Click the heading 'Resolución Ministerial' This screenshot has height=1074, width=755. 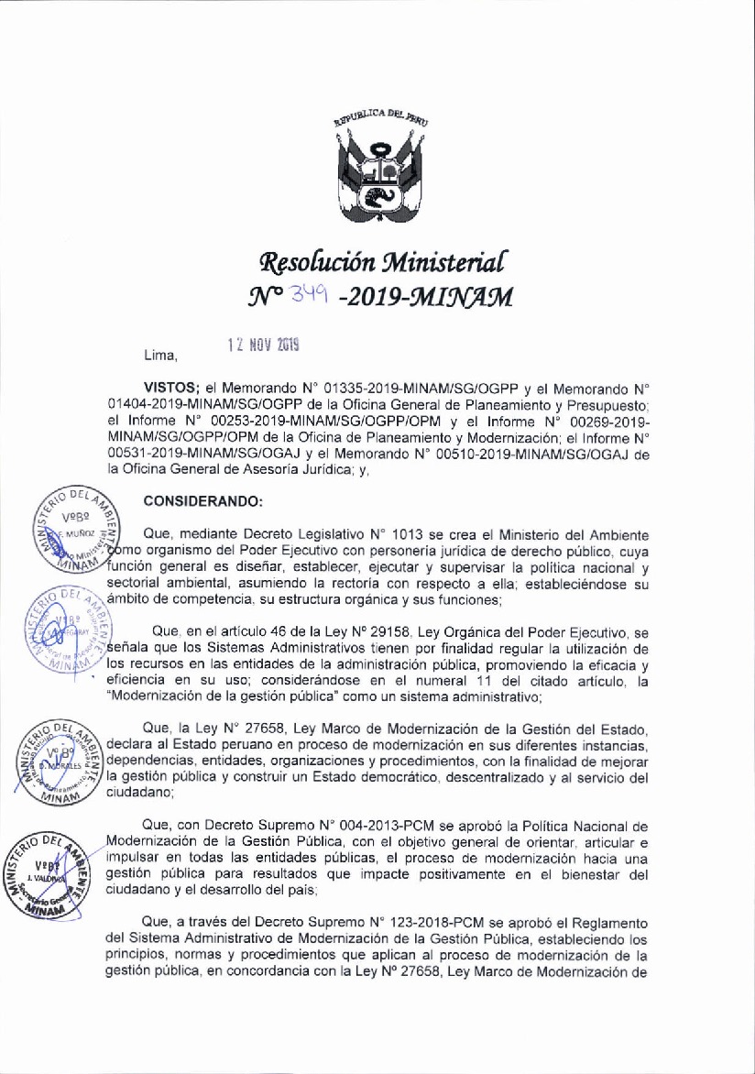[x=377, y=264]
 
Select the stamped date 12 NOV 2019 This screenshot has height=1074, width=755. [x=264, y=346]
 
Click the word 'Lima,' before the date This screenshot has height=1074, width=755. [x=160, y=354]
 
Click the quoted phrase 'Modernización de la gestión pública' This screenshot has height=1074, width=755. [x=205, y=696]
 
